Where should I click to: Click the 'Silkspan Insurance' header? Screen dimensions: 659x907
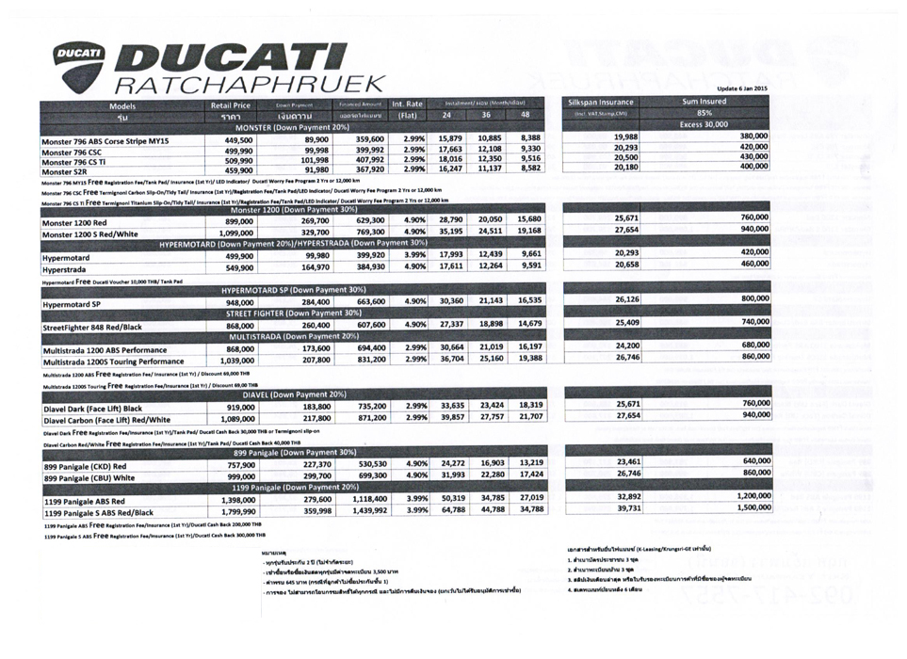[x=603, y=102]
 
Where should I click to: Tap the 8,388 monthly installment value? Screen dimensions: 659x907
[x=530, y=138]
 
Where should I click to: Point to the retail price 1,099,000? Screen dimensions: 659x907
[x=231, y=232]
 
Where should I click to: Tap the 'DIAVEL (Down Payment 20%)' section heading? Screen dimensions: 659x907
[x=295, y=394]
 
